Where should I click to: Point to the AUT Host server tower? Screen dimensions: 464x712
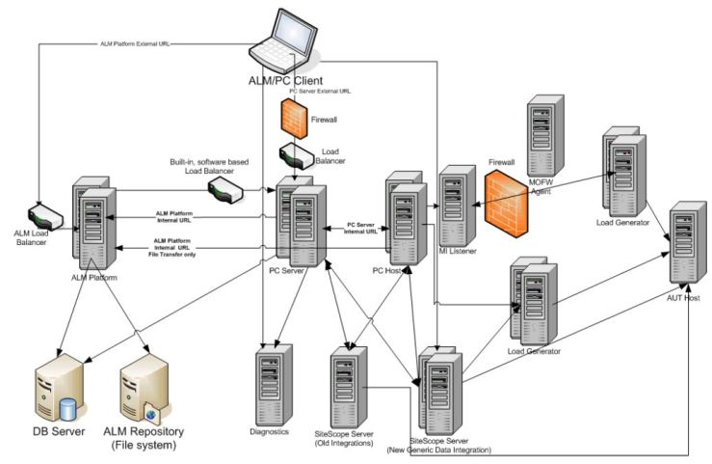click(x=687, y=242)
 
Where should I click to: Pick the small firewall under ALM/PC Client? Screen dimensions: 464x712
click(x=294, y=117)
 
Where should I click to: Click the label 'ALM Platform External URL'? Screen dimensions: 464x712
click(x=136, y=43)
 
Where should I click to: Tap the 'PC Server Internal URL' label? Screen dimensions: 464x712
click(x=360, y=229)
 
